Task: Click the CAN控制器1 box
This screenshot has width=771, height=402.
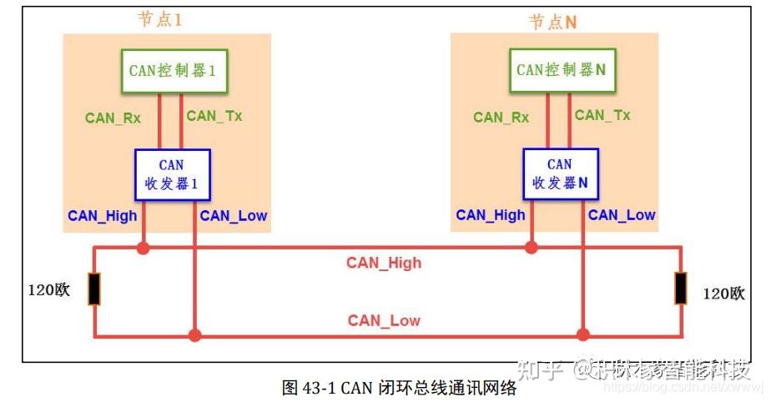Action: (x=173, y=71)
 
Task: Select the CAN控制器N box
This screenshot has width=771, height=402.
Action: (x=561, y=70)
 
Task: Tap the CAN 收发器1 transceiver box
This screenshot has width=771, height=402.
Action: (x=172, y=174)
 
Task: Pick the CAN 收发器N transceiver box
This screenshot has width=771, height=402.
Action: (x=560, y=174)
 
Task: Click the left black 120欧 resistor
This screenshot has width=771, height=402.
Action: (x=94, y=289)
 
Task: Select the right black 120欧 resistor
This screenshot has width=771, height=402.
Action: (x=682, y=289)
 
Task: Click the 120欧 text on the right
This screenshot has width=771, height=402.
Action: (x=723, y=294)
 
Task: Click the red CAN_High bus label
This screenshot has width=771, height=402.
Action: (x=384, y=263)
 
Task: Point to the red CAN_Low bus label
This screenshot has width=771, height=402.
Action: (x=384, y=320)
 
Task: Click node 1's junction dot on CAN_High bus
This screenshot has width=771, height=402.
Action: (x=144, y=248)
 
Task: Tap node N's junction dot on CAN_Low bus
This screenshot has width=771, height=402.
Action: (x=582, y=335)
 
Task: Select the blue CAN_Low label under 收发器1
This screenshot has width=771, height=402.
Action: (x=234, y=216)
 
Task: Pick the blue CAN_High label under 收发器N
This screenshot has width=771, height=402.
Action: (x=491, y=215)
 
